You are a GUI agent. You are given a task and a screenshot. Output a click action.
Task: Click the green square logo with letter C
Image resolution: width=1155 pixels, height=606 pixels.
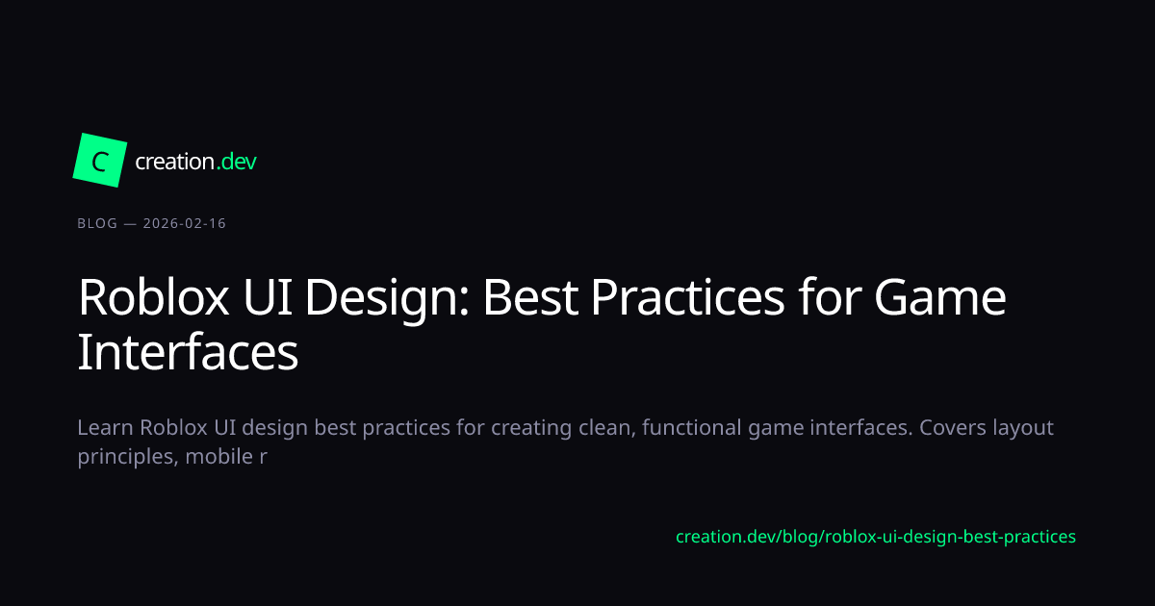(x=100, y=161)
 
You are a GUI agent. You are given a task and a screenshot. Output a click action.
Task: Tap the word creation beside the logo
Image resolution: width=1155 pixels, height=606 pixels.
(x=175, y=162)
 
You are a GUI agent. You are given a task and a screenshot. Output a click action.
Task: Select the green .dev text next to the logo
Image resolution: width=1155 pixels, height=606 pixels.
(x=236, y=162)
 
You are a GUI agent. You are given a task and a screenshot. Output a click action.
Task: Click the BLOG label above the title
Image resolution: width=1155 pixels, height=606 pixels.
(x=97, y=223)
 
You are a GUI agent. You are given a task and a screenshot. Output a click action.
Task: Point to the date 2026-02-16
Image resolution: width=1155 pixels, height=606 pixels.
(x=185, y=223)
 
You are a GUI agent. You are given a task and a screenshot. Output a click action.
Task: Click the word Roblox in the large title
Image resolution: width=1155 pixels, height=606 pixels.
(x=153, y=297)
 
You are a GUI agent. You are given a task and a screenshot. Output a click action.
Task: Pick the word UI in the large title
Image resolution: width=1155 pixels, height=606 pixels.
(x=268, y=297)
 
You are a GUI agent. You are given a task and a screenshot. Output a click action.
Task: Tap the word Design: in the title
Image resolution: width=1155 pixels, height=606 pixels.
(x=387, y=298)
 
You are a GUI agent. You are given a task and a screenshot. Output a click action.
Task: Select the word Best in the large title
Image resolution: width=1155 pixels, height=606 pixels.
(x=530, y=297)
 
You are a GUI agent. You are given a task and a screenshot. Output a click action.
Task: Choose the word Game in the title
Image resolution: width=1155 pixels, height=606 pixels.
(x=940, y=297)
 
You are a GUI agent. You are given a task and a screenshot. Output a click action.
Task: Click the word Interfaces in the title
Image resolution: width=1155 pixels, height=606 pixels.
(x=188, y=352)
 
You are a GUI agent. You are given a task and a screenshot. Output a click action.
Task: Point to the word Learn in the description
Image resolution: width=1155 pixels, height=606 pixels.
(x=105, y=428)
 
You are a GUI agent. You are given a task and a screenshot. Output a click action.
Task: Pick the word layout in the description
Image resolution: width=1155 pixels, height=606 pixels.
(x=1023, y=429)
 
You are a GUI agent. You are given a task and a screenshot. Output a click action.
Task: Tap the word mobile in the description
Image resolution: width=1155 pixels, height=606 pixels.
(x=219, y=457)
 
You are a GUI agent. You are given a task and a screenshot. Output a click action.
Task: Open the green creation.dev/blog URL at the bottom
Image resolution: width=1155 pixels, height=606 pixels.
(x=876, y=537)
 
